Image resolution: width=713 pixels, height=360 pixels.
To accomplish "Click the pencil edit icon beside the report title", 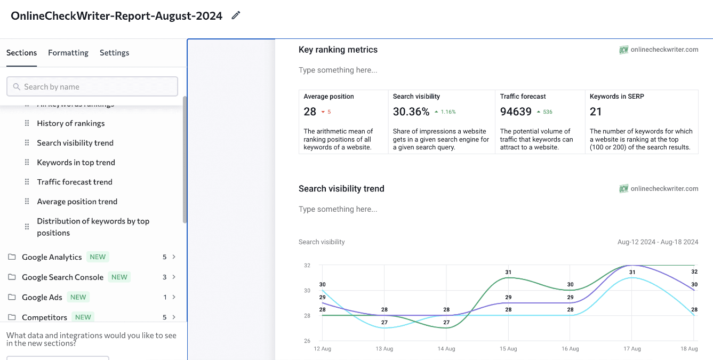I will (236, 15).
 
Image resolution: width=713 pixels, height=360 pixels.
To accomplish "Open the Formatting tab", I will (68, 53).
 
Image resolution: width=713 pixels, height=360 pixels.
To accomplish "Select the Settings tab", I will (114, 53).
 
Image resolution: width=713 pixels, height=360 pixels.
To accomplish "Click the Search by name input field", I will (92, 86).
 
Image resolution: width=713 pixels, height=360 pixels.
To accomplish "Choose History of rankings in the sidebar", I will (70, 123).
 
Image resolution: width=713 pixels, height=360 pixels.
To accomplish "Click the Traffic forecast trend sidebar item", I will (75, 182).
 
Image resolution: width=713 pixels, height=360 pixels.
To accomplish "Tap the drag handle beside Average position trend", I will (27, 202).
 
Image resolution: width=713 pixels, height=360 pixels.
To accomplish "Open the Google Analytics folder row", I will (52, 257).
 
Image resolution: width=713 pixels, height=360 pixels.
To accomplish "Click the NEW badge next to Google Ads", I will (78, 297).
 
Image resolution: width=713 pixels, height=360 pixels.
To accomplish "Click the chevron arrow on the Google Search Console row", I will (174, 277).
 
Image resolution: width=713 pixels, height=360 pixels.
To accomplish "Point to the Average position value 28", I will (310, 111).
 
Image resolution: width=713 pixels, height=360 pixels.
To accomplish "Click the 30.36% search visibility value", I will (411, 111).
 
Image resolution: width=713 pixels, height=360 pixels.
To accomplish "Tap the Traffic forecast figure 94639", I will (516, 111).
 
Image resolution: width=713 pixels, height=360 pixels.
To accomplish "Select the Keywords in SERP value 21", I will (596, 111).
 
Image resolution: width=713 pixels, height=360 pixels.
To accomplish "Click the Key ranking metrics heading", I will (338, 50).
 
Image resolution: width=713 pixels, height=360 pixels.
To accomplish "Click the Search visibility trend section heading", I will (341, 189).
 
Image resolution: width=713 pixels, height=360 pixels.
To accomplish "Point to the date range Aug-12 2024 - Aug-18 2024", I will (658, 242).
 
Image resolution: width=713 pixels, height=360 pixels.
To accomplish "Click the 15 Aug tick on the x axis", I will (508, 349).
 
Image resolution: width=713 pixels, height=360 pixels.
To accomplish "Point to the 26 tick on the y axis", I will (307, 341).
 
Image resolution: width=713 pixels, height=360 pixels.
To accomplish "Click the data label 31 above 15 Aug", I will (508, 272).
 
